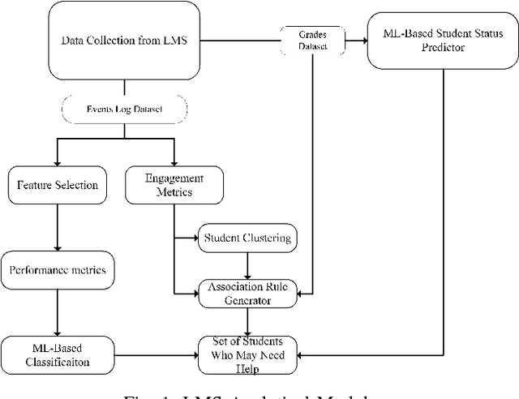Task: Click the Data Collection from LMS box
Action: click(x=123, y=41)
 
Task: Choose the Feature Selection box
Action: click(x=57, y=186)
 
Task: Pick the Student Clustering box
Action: click(x=247, y=238)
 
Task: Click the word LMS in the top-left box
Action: click(x=170, y=41)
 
